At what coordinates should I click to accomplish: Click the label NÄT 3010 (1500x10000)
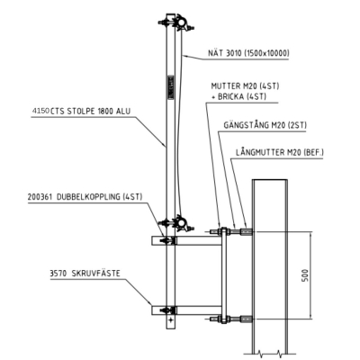[248, 53]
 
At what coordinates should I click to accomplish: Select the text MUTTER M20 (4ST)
[245, 86]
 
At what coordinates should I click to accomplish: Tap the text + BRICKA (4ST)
[239, 96]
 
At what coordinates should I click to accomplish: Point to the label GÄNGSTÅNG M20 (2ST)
[265, 125]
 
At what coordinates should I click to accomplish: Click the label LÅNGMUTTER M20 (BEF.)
[280, 152]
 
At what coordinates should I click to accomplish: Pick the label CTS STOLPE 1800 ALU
[91, 112]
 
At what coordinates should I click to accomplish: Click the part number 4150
[40, 111]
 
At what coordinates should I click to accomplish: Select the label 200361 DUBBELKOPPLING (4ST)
[85, 197]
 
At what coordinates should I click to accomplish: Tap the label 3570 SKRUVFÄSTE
[85, 274]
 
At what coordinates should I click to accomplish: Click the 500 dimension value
[305, 275]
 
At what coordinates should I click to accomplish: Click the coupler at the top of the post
[177, 22]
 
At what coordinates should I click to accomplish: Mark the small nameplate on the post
[171, 86]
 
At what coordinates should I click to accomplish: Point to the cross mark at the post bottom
[171, 320]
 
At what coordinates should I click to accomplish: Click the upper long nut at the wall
[246, 231]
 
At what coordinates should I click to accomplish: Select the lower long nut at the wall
[246, 319]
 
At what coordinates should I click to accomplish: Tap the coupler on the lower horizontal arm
[168, 310]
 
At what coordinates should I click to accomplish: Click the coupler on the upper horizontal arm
[168, 240]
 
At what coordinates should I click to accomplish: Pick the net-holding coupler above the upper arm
[177, 223]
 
